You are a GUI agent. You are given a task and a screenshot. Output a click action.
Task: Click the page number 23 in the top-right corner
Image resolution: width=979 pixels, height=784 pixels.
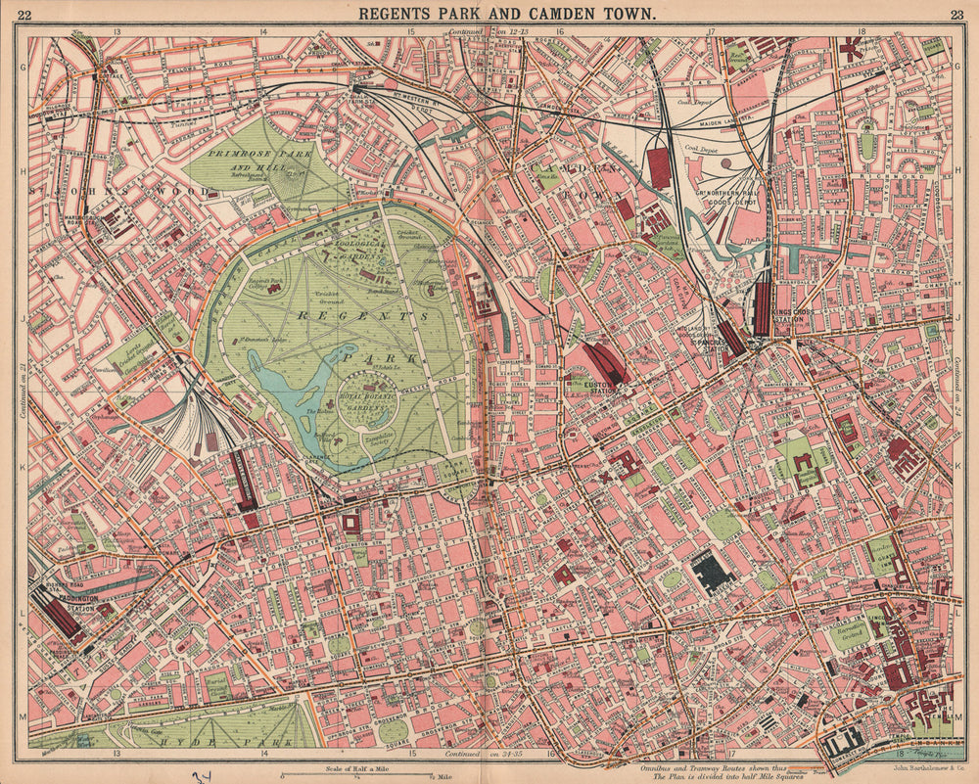point(956,14)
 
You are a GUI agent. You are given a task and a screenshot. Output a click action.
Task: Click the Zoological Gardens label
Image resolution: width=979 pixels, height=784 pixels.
point(348,251)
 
